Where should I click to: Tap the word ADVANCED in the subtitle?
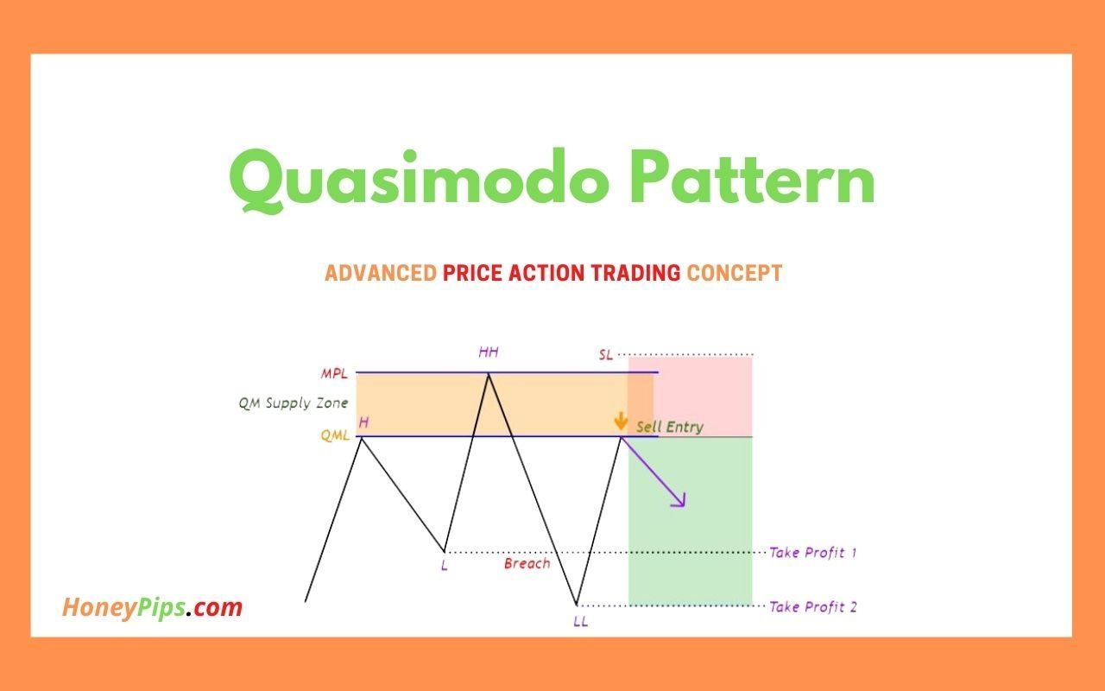point(380,274)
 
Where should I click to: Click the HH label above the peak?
point(489,352)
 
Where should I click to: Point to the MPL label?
point(335,373)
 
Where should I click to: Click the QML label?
point(335,436)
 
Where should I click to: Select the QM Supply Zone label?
point(294,403)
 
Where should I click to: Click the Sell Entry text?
point(669,427)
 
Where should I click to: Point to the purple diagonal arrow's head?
point(679,502)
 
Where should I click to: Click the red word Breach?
point(527,563)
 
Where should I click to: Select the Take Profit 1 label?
point(812,552)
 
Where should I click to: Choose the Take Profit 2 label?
point(812,606)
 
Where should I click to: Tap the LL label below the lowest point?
point(580,621)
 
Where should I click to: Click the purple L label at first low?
point(444,567)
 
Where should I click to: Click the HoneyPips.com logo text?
point(152,607)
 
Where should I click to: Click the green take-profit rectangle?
point(691,536)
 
